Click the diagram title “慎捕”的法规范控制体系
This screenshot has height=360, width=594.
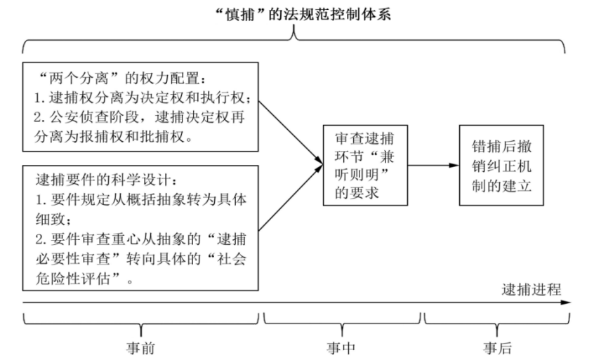coord(303,14)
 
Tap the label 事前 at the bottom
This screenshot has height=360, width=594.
coord(140,348)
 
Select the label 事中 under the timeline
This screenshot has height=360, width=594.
coord(341,348)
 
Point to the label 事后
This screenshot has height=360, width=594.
coord(497,348)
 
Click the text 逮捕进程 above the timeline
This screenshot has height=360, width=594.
coord(531,290)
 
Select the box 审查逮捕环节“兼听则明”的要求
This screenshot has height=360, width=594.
coord(365,166)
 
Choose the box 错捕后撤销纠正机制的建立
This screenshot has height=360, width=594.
coord(501,166)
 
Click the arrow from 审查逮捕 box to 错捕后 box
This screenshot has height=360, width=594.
coord(433,166)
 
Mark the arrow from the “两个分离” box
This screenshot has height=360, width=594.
coord(291,133)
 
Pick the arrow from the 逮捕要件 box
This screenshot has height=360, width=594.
coord(291,198)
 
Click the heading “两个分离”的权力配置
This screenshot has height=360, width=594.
coord(123,79)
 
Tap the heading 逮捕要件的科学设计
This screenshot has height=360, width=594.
coord(107,180)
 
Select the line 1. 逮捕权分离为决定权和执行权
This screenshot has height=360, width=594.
coord(142,98)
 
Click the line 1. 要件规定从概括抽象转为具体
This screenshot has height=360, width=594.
coord(141,199)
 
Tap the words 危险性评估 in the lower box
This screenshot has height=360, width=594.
coord(73,279)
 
